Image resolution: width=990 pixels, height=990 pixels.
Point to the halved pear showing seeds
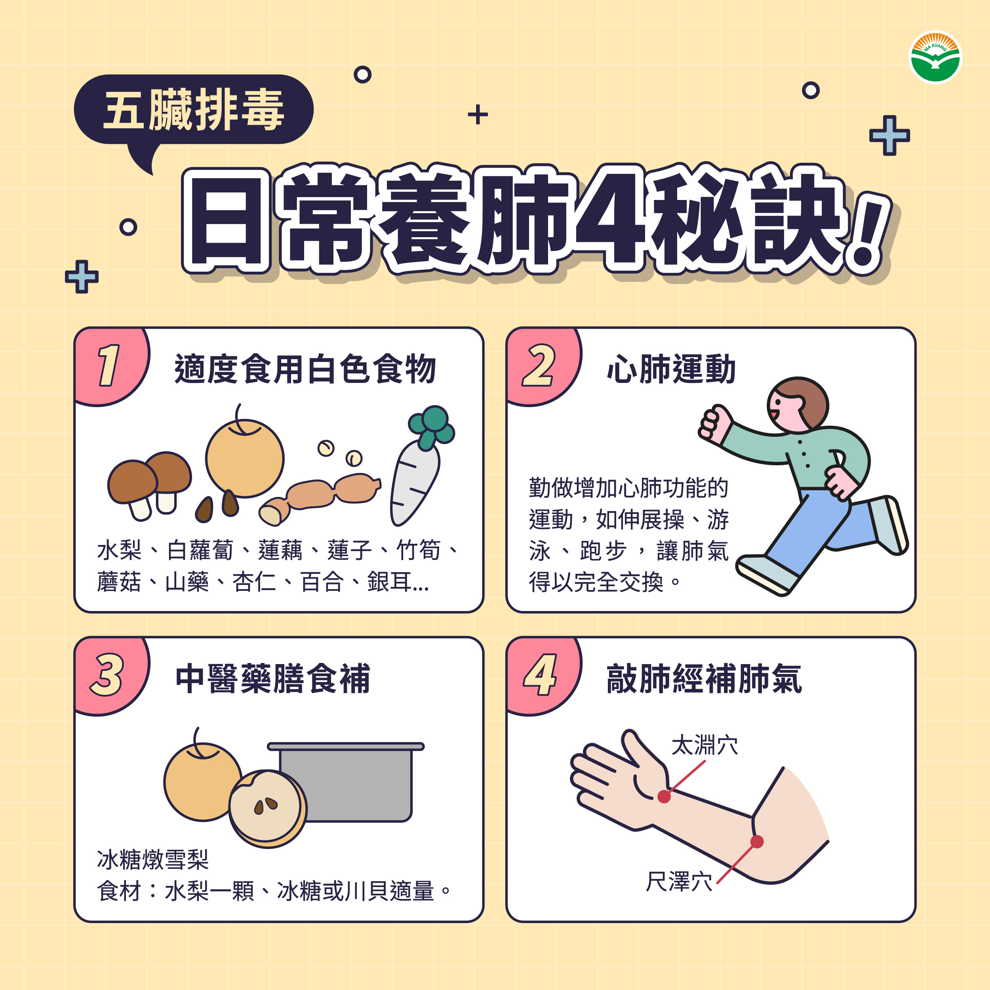click(x=267, y=809)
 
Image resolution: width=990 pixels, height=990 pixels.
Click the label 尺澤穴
click(x=679, y=881)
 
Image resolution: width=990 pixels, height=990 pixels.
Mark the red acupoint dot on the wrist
click(x=664, y=796)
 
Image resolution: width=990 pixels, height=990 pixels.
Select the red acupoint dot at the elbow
click(x=757, y=841)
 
